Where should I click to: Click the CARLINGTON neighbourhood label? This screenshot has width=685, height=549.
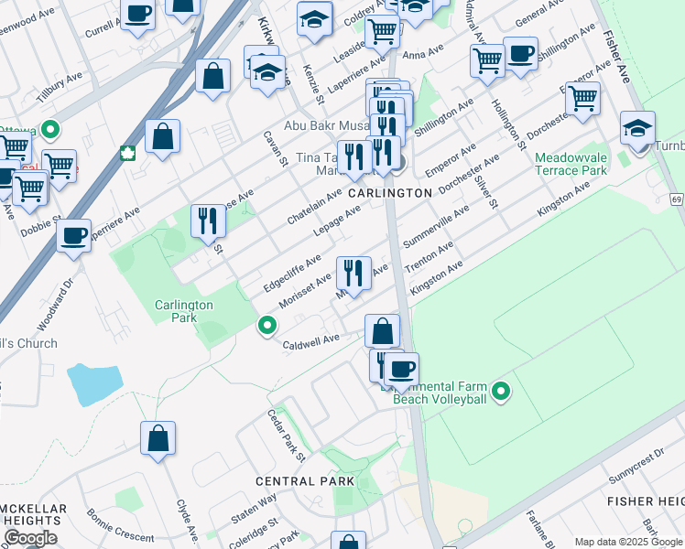tap(389, 193)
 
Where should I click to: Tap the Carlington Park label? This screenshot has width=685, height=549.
tap(183, 311)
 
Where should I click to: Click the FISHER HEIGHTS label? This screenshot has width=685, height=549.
tap(646, 501)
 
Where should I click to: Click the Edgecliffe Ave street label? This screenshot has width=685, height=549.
tap(292, 272)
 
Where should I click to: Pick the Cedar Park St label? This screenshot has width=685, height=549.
tap(286, 434)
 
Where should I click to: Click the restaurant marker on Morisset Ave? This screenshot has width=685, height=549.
tap(353, 272)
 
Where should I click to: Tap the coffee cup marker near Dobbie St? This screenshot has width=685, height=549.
tap(73, 234)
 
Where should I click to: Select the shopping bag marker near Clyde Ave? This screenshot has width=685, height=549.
tap(158, 437)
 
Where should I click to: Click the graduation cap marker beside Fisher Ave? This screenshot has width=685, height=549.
tap(637, 127)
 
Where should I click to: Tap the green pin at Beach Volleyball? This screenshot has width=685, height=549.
tap(500, 392)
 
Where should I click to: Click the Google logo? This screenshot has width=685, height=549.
tap(30, 538)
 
